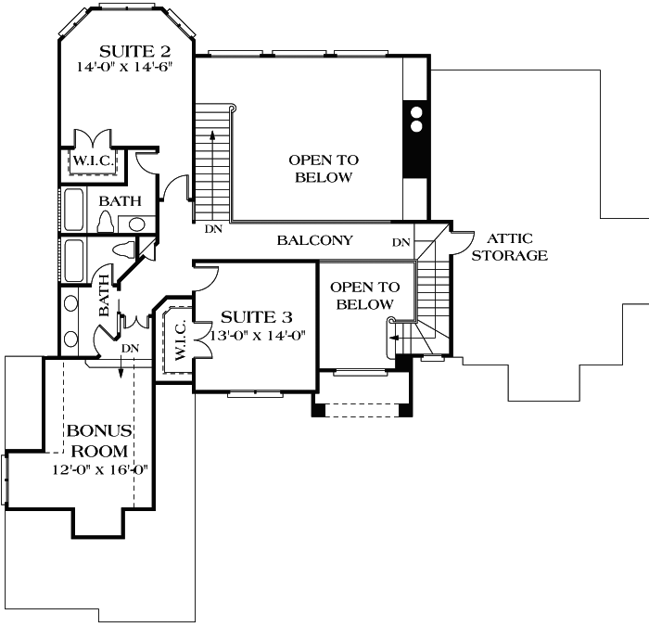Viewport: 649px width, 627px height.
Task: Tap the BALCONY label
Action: click(x=315, y=240)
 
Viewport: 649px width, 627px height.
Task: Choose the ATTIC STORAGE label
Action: click(x=509, y=247)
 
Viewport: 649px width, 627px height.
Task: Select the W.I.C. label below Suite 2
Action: click(x=93, y=161)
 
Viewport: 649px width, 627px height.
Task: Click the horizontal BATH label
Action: click(x=121, y=200)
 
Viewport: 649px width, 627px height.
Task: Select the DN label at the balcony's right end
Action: click(x=401, y=242)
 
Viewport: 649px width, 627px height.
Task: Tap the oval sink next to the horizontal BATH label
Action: click(x=137, y=224)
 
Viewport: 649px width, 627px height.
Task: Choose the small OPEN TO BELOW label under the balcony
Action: click(x=364, y=296)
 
